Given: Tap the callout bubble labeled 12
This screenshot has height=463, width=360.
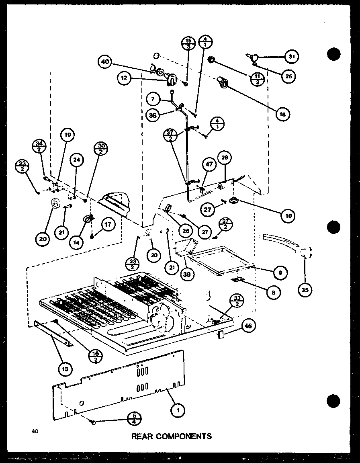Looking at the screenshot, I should point(124,78).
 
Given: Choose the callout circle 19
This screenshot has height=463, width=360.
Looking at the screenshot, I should point(68,136).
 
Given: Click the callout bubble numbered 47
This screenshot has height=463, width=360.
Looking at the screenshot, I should point(209,164).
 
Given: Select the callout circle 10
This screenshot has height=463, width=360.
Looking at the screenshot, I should point(288,215).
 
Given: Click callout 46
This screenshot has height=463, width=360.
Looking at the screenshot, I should point(248,326).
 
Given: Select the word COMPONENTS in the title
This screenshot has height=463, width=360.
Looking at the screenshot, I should point(186,436).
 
